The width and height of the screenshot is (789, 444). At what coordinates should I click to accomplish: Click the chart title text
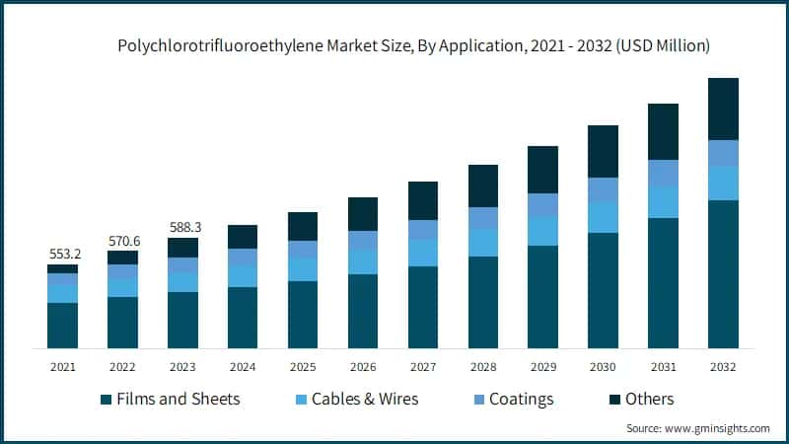(414, 45)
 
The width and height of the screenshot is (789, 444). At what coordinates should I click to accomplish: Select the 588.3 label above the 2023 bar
(183, 227)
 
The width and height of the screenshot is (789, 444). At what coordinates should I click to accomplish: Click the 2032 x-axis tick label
(723, 367)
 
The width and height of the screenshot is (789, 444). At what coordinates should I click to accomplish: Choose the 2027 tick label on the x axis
(423, 367)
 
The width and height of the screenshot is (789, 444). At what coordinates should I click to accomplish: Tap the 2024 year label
(243, 367)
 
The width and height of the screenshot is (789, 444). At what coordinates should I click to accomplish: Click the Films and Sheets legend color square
(106, 400)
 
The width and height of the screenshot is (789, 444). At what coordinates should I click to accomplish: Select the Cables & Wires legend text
(365, 400)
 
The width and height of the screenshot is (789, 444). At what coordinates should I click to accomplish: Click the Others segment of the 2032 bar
(723, 109)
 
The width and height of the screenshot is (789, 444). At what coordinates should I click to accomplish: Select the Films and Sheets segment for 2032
(723, 273)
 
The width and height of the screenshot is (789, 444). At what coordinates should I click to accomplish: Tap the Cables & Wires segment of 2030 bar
(603, 217)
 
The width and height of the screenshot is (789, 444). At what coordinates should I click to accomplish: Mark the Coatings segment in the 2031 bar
(663, 173)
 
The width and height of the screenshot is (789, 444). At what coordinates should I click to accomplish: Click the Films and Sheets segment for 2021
(63, 325)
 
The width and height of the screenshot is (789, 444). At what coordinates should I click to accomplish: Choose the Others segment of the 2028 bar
(483, 185)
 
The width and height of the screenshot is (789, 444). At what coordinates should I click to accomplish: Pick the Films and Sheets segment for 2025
(303, 314)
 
